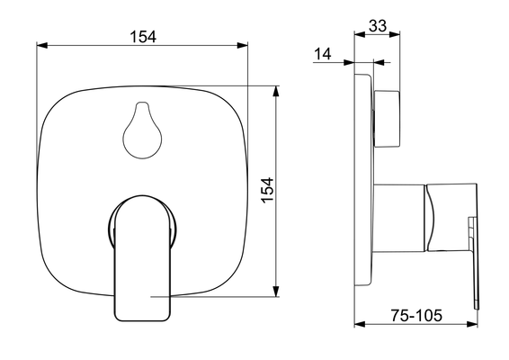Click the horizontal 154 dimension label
(x=143, y=37)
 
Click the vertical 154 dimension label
(x=268, y=191)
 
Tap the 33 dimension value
(x=378, y=26)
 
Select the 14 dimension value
(x=323, y=54)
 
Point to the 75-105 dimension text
(x=416, y=315)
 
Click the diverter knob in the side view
(x=387, y=119)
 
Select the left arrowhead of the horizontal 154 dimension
(x=42, y=46)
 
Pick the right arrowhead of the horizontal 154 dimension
(x=242, y=46)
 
